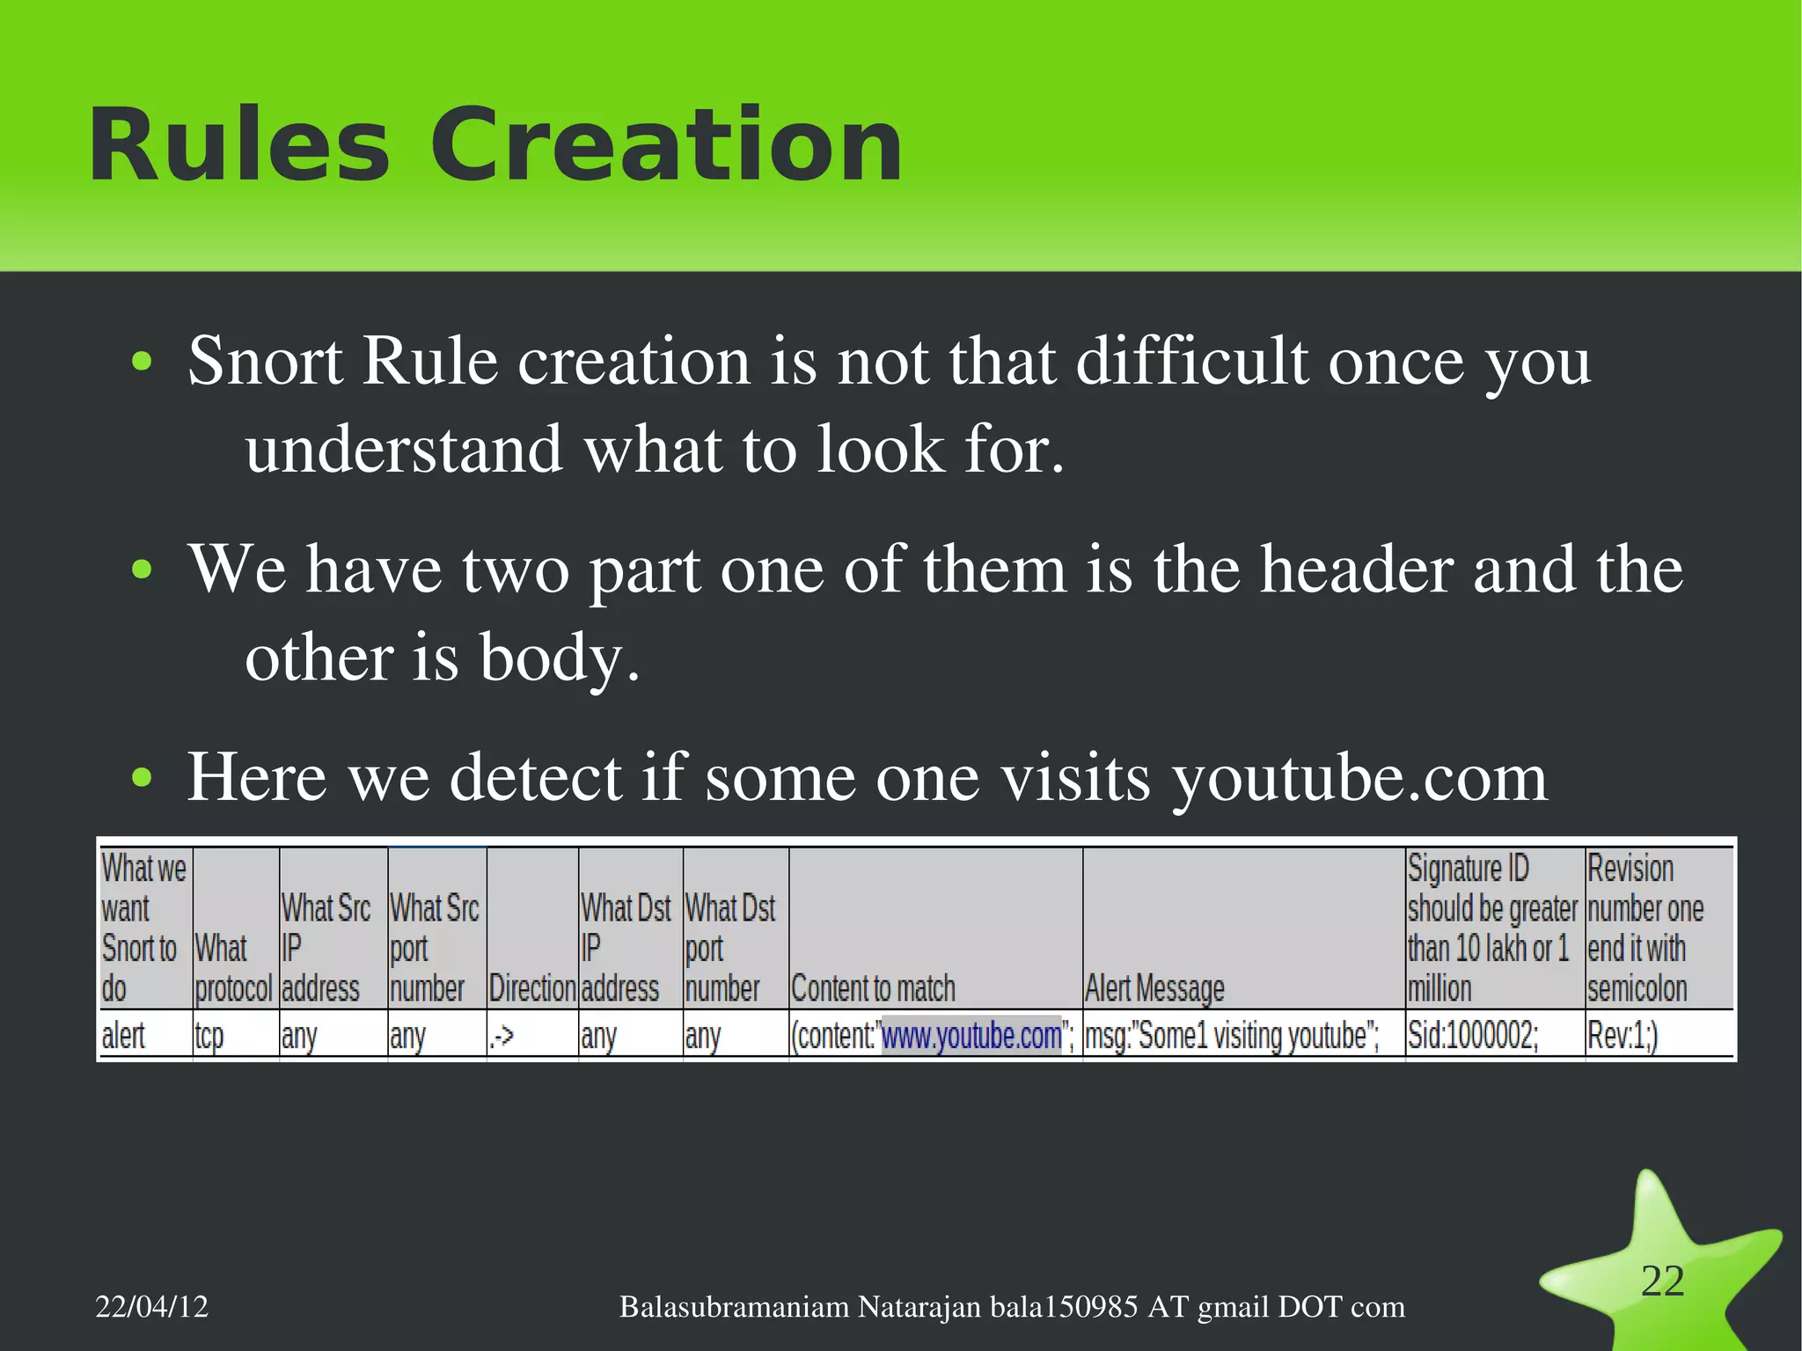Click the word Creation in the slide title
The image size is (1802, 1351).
[666, 145]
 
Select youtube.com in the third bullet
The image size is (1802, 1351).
[1359, 778]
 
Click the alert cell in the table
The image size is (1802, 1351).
[123, 1036]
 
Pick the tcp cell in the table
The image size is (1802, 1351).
[209, 1036]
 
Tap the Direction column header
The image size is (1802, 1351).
[532, 988]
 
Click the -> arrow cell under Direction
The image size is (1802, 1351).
[502, 1036]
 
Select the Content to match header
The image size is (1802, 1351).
[873, 988]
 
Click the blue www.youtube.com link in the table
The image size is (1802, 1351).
[971, 1036]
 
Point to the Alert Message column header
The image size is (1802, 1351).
[1154, 988]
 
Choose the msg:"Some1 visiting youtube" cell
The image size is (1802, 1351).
[1232, 1036]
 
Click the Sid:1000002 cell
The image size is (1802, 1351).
[1473, 1036]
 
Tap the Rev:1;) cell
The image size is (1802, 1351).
[1623, 1036]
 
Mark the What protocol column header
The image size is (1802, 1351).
[234, 969]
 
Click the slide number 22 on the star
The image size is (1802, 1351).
[1662, 1281]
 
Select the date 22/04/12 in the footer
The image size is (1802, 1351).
[151, 1307]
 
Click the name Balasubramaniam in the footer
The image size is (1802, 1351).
[735, 1307]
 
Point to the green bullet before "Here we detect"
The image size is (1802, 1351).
[141, 778]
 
